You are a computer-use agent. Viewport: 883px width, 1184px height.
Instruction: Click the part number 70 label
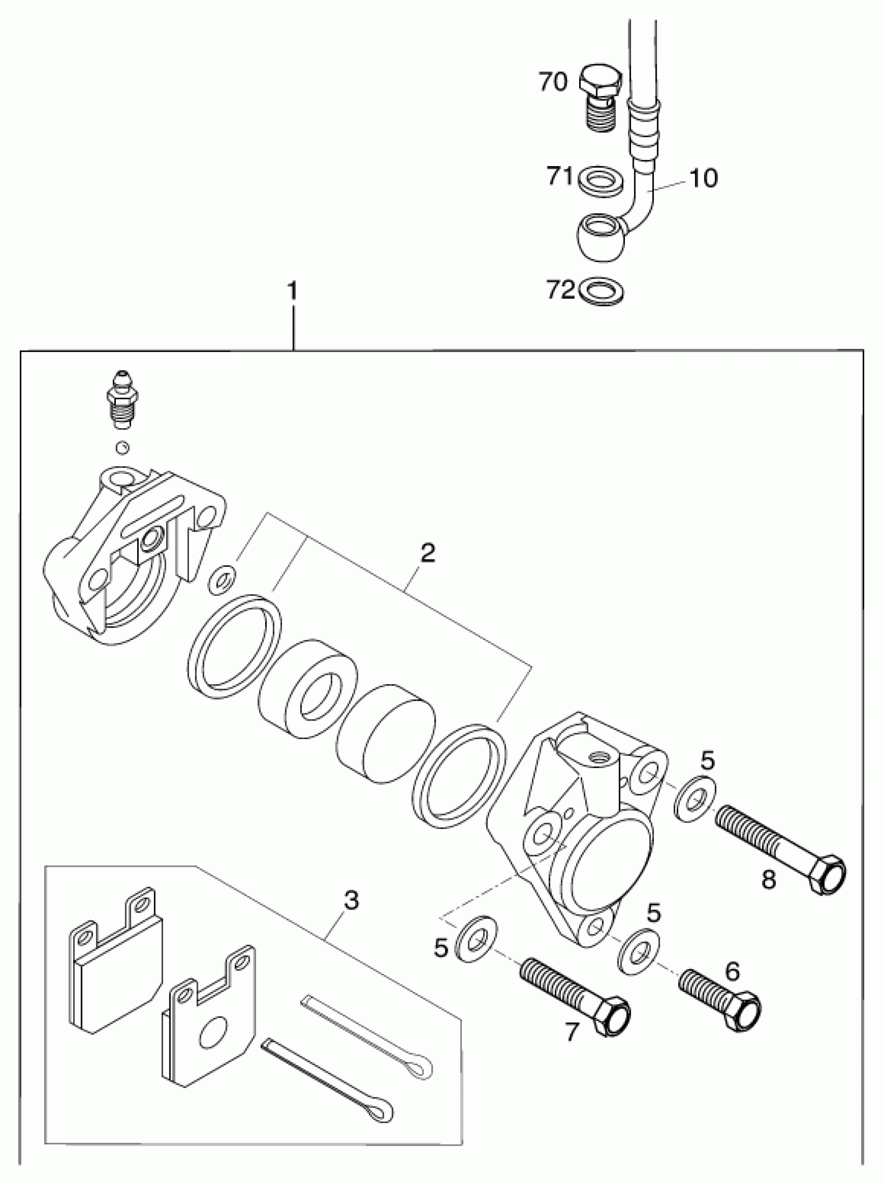[552, 82]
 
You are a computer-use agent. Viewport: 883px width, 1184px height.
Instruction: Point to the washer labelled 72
[601, 292]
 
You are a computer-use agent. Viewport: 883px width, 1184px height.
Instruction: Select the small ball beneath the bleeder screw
[123, 447]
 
